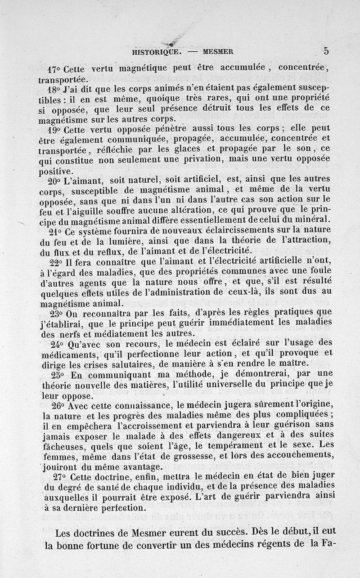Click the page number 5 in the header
(326, 51)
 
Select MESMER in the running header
(218, 52)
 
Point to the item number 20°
(54, 182)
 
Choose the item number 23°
(54, 313)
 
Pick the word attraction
(306, 241)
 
